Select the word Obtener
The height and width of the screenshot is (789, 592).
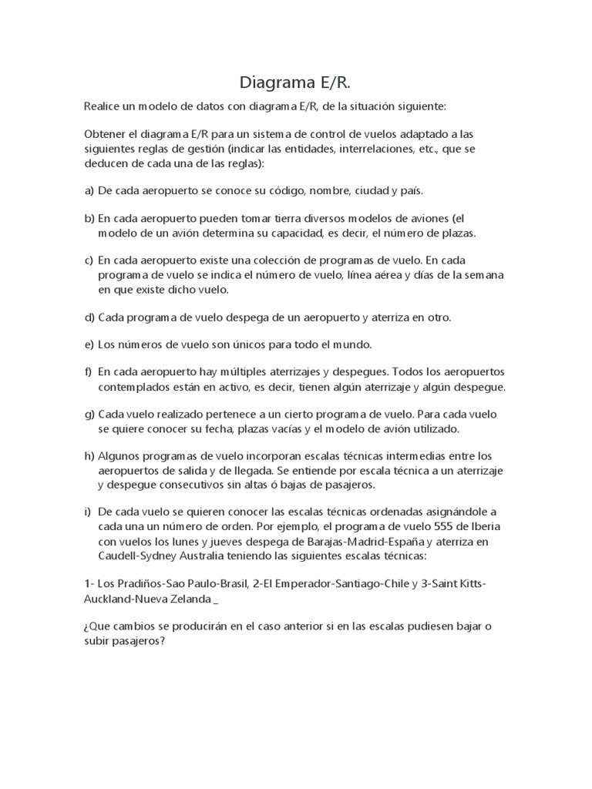[106, 134]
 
